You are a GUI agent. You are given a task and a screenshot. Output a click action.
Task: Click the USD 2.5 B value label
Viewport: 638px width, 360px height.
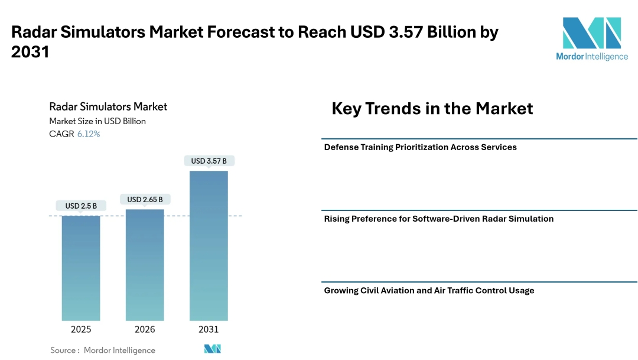[81, 206]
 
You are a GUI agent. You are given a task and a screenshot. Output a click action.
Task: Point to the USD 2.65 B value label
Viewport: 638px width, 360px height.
[145, 199]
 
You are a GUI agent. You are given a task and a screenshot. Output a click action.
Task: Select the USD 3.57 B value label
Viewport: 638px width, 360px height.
[209, 161]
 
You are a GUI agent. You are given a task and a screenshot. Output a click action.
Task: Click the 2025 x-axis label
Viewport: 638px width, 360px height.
[81, 329]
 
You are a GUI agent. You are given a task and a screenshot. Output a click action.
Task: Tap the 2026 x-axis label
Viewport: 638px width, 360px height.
[145, 329]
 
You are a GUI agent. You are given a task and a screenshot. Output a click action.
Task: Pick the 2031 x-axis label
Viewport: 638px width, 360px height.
[209, 329]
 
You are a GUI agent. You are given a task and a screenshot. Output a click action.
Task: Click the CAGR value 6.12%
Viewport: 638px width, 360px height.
[89, 134]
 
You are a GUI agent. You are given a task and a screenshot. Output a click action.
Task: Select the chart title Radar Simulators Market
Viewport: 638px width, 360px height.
[108, 107]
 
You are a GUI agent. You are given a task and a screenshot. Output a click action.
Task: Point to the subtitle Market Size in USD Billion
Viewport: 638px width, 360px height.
[97, 121]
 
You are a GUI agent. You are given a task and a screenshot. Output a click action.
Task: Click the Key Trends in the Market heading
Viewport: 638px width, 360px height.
[432, 109]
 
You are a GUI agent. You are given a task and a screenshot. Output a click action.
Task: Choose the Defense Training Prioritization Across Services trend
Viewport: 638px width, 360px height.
[420, 147]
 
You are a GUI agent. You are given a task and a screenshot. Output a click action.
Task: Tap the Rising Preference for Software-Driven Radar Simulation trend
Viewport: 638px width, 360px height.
[438, 219]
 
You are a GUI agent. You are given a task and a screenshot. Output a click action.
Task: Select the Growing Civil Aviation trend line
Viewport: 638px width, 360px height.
[429, 291]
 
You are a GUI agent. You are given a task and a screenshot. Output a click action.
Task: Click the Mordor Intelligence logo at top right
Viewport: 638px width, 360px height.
[591, 38]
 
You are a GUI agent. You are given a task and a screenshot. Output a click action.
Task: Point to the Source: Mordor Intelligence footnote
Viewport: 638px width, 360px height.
[103, 350]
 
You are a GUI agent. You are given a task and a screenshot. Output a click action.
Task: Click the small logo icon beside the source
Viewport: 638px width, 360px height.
[212, 349]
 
